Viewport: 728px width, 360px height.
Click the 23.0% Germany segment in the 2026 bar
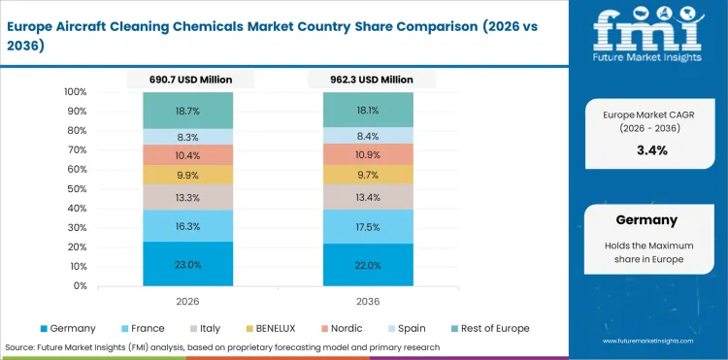click(187, 264)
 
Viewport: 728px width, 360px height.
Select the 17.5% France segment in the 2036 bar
click(368, 226)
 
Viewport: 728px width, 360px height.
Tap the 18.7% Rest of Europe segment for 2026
click(187, 112)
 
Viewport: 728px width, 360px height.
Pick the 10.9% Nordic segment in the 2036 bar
click(368, 155)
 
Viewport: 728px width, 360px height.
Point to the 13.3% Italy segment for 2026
click(187, 198)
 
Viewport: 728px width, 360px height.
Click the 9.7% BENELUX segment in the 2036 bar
click(368, 175)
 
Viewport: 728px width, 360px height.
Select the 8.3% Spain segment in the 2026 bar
click(187, 137)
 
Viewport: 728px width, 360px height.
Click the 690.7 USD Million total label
click(188, 80)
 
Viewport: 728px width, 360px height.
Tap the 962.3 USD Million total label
click(368, 80)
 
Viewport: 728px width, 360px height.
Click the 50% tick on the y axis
click(77, 189)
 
